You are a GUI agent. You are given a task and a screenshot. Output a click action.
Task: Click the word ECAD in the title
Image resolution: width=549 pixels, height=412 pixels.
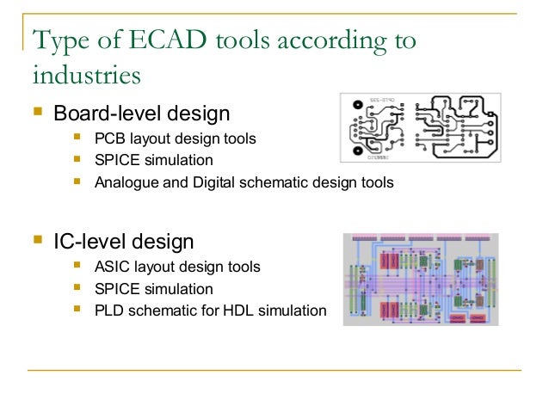click(x=159, y=40)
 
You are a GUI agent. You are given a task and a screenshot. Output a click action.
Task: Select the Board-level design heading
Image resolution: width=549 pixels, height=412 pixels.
click(x=142, y=114)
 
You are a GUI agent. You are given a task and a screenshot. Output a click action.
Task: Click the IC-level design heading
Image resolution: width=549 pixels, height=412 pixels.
click(x=124, y=242)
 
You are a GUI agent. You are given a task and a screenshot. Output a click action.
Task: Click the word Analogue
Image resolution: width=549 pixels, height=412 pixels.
click(x=127, y=182)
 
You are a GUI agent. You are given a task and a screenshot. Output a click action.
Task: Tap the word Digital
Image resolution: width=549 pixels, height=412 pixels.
click(x=214, y=182)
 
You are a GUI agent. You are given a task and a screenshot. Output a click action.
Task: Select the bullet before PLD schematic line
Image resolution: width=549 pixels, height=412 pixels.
click(x=79, y=309)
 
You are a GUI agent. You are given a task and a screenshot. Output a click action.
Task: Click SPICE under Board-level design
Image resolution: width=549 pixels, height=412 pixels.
click(x=117, y=160)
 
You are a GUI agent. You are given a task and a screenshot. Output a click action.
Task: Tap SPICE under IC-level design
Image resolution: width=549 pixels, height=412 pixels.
click(x=117, y=289)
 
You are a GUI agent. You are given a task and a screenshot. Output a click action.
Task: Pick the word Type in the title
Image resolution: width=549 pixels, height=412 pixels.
click(x=59, y=40)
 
